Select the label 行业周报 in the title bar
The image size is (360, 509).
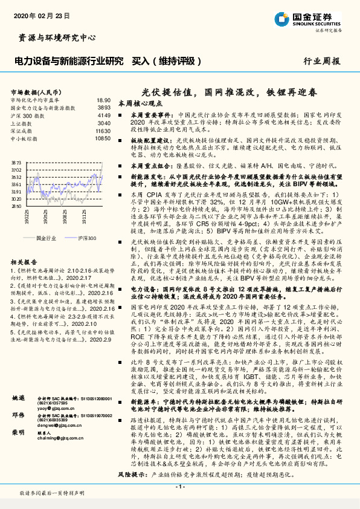coord(321,61)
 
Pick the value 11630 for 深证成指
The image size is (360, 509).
coord(103,130)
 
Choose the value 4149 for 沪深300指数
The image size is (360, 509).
coord(104,115)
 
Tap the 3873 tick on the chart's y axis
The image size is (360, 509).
coord(16,163)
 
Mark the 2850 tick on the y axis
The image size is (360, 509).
coord(16,206)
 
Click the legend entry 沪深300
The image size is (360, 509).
coord(87,238)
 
